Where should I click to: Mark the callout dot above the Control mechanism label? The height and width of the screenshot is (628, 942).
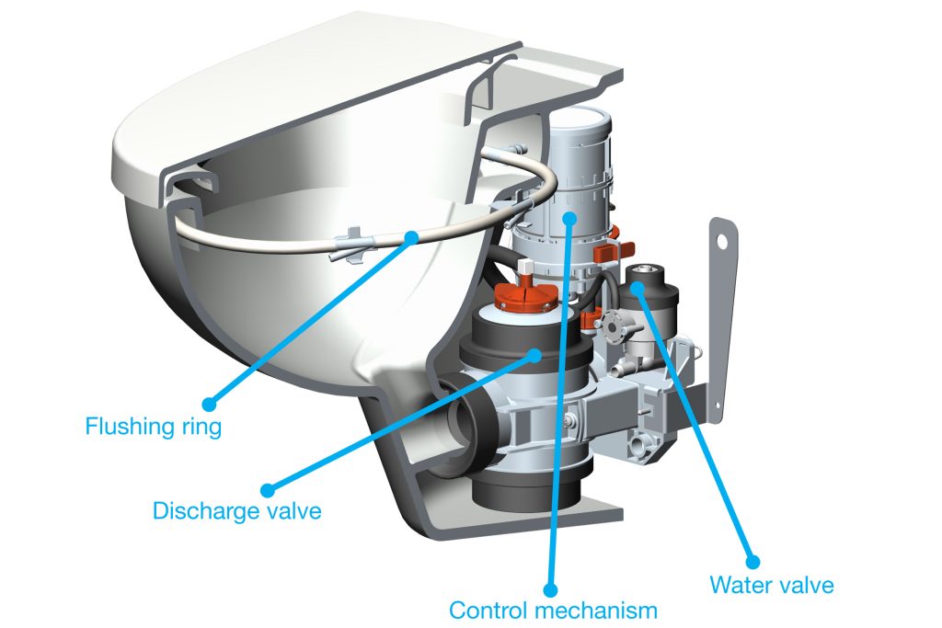550,588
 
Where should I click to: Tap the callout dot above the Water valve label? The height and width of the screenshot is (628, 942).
752,559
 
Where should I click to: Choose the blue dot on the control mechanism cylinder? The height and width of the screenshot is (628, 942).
570,217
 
